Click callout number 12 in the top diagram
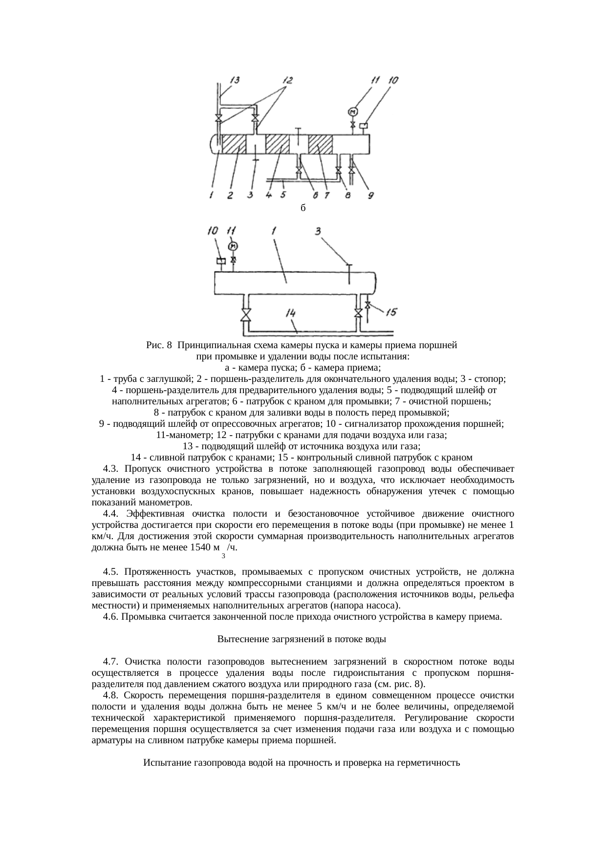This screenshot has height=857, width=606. pos(286,80)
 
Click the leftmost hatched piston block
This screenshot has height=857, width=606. pos(233,144)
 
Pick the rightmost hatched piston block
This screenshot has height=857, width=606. pos(321,144)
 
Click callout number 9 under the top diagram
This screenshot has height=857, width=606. pos(371,195)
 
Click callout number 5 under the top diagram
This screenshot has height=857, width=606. pos(283,195)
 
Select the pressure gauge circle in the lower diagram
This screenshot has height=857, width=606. pos(233,246)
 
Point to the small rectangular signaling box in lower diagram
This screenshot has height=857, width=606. pos(221,262)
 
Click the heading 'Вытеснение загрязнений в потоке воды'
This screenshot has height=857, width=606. pos(302,639)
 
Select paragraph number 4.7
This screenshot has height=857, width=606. pos(111,662)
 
